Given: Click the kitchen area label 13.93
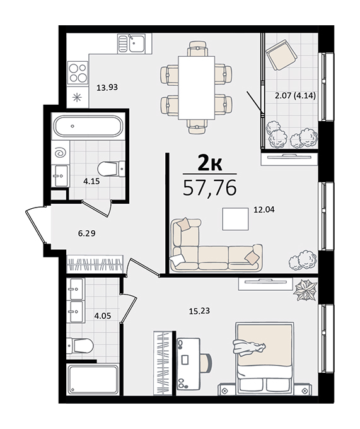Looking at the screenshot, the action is [x=107, y=88].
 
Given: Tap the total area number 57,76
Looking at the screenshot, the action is [x=210, y=188].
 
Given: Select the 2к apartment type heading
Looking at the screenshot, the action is [x=210, y=163].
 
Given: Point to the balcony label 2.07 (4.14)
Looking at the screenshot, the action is [x=295, y=96].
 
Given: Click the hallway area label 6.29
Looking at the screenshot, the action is [x=86, y=233].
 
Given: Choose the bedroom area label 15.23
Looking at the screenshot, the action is [x=199, y=311].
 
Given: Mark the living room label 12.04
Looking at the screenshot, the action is [x=264, y=209].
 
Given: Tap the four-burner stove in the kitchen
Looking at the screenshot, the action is [x=78, y=73].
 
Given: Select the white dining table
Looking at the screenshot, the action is [x=196, y=88].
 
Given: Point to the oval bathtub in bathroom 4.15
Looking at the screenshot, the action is [x=88, y=126].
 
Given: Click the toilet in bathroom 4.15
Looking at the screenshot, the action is [x=111, y=169].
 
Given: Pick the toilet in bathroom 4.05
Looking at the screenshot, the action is [x=80, y=346].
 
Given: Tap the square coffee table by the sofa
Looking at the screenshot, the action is [x=235, y=219].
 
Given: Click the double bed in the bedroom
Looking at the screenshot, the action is [x=265, y=358].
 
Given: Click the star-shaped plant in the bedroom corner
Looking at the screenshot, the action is [x=305, y=290].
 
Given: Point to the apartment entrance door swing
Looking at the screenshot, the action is [x=35, y=225].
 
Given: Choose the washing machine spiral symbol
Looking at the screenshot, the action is [x=61, y=153].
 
